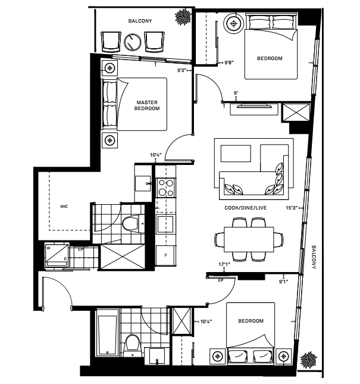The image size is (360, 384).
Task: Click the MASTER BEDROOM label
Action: point(146,105)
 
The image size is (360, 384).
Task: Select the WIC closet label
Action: point(63,207)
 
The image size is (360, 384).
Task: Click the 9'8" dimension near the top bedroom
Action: point(229,62)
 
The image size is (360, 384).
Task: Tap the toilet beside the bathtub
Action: point(133,344)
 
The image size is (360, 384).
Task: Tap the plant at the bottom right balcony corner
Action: point(309,361)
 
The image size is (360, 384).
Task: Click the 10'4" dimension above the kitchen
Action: point(156,155)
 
